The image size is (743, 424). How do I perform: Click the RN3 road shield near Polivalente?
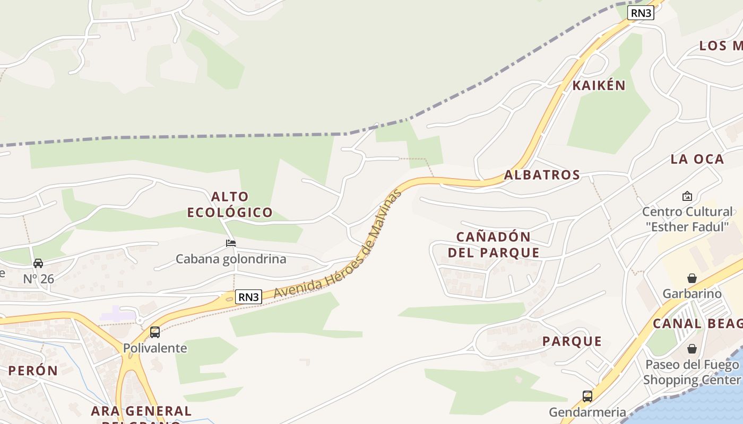tap(248, 297)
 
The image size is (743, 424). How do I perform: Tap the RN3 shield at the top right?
tap(641, 13)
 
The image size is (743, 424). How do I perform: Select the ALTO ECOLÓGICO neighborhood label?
tap(230, 205)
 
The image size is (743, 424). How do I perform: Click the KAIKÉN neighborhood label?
tap(599, 85)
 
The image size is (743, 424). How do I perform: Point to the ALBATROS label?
tap(542, 175)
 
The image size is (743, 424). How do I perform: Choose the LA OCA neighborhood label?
tap(697, 159)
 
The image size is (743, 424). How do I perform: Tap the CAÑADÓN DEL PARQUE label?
tap(494, 244)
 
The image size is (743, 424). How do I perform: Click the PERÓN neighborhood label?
tap(33, 370)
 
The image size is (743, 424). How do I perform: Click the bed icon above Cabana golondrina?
tap(231, 243)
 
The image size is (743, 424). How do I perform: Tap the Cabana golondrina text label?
tap(231, 259)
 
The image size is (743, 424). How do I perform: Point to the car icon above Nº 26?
tap(38, 263)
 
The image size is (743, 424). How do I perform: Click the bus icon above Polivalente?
tap(155, 332)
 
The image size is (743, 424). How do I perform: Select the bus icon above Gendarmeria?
tap(587, 396)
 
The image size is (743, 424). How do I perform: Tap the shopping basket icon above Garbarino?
tap(692, 278)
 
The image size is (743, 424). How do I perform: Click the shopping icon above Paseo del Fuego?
tap(692, 349)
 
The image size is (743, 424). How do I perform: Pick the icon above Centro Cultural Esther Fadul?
tap(687, 196)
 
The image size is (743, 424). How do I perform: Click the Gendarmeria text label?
tap(587, 412)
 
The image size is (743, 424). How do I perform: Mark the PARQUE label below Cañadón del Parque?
tap(572, 341)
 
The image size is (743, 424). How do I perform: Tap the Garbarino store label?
tap(692, 294)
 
